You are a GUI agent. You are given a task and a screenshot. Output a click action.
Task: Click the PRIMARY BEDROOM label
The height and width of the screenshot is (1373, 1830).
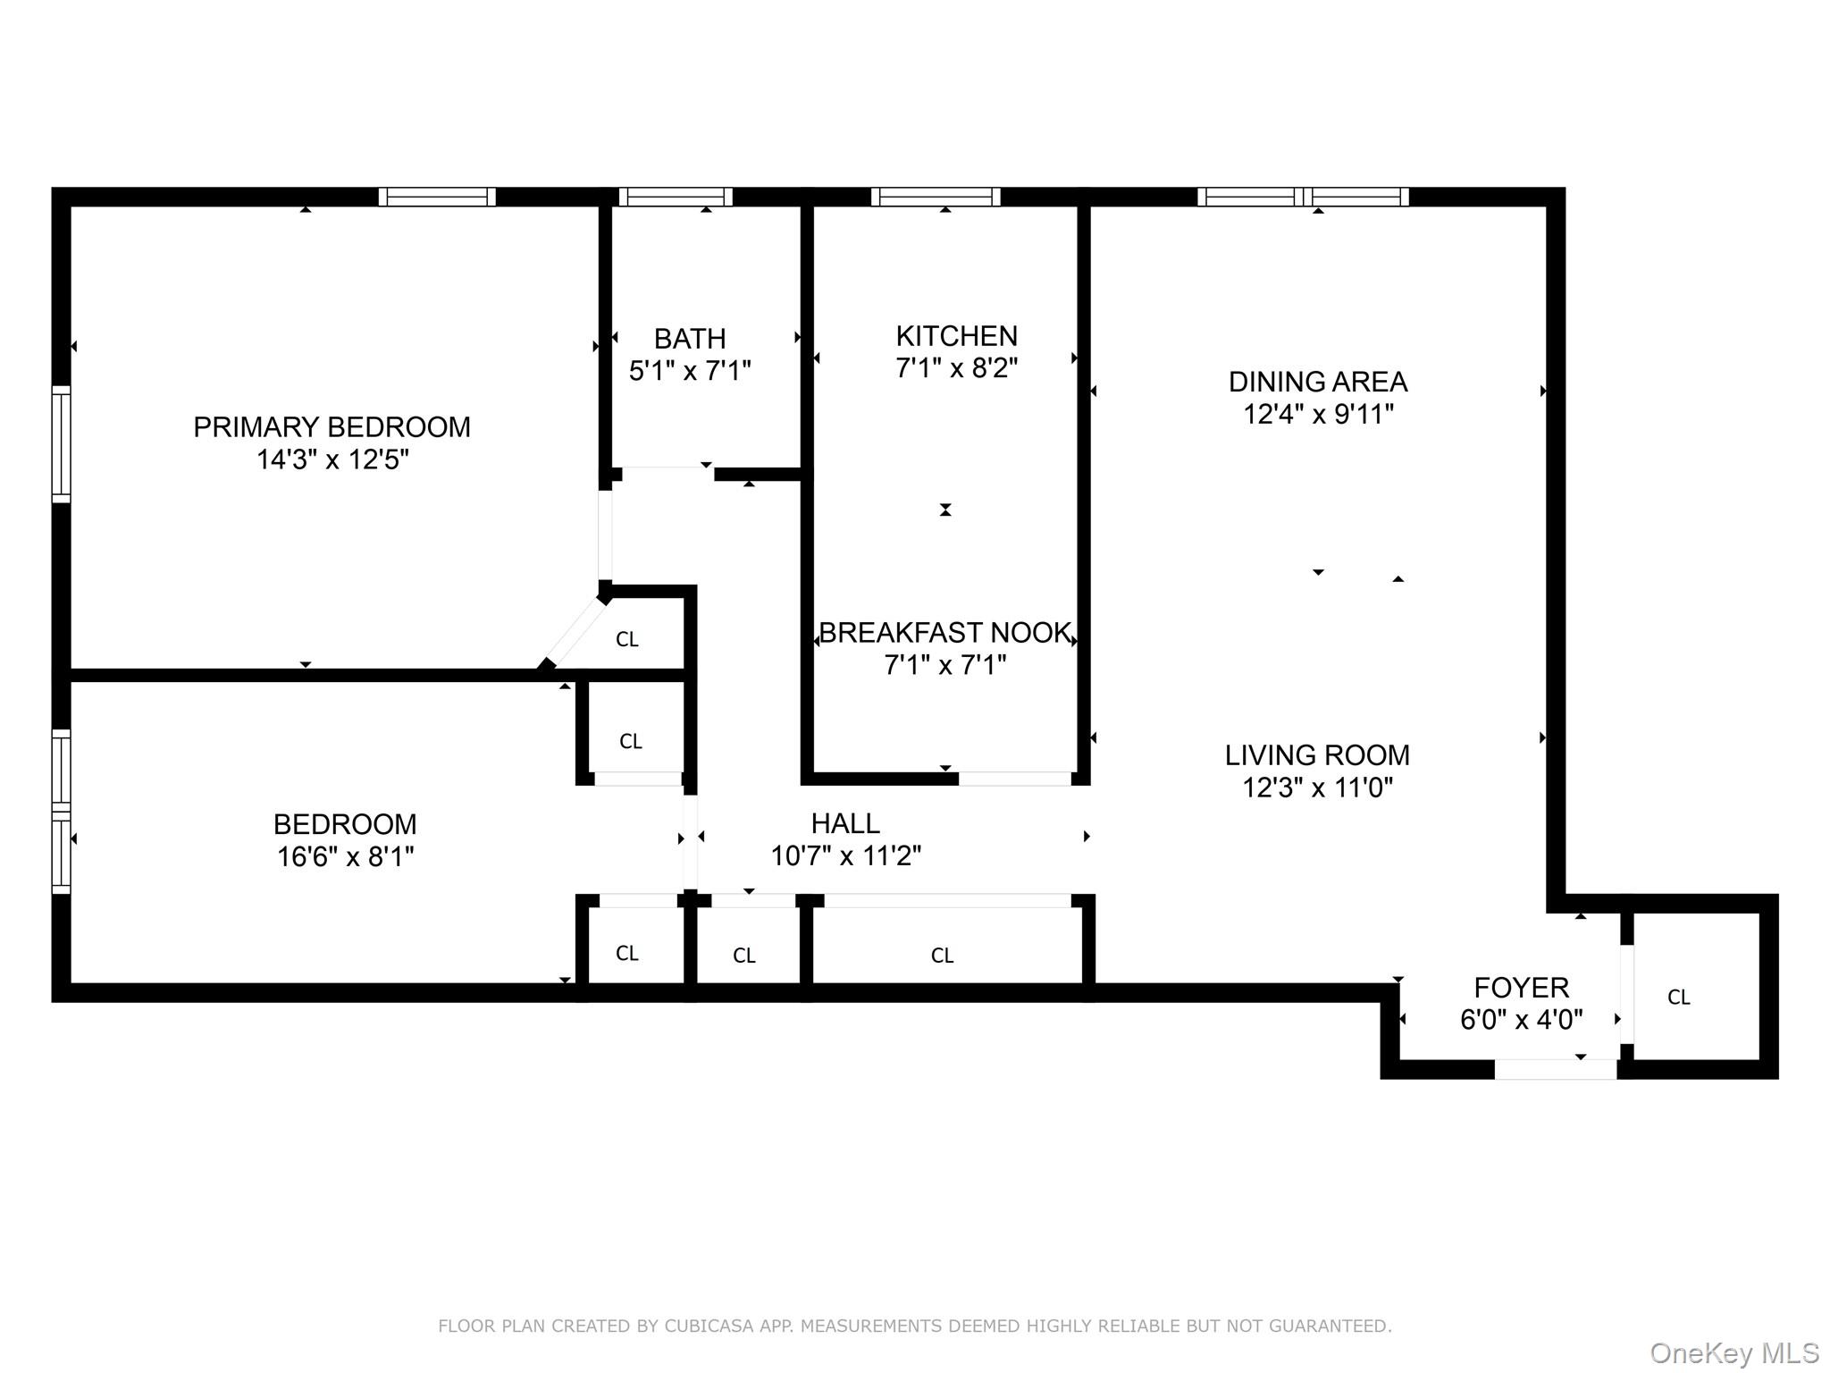click(x=332, y=427)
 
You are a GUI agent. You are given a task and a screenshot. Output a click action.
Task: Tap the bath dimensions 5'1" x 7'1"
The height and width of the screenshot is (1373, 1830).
click(x=690, y=371)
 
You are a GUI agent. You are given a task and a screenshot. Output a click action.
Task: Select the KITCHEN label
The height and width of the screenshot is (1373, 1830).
click(x=956, y=336)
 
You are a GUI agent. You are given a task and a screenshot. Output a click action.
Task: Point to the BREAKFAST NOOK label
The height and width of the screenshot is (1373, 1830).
click(x=944, y=633)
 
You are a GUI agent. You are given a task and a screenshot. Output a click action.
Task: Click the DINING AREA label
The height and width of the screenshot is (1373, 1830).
click(x=1317, y=382)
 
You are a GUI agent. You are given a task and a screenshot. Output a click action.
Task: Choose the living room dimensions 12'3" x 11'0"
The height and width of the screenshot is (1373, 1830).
click(x=1317, y=788)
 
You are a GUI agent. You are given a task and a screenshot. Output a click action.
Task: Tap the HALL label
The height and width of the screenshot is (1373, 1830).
click(x=844, y=822)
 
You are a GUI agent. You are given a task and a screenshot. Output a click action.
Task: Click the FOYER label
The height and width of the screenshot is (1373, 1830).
click(x=1521, y=988)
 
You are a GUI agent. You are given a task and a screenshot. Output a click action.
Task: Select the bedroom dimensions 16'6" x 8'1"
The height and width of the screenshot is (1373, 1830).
click(x=345, y=856)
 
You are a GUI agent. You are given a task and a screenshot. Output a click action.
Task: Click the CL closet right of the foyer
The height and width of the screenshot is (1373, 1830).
click(x=1678, y=998)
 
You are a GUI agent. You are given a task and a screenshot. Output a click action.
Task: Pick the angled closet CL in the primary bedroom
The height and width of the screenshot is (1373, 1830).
click(x=626, y=640)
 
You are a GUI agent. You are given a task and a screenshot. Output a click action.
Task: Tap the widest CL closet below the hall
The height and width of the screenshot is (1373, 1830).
click(x=942, y=956)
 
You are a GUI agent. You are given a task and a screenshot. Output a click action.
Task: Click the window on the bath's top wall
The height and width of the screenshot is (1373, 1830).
click(x=676, y=197)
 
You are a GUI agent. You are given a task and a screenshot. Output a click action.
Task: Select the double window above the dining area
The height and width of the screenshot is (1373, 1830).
click(x=1303, y=197)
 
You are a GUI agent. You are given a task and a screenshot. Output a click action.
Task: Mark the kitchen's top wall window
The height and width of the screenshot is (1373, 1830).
click(x=936, y=197)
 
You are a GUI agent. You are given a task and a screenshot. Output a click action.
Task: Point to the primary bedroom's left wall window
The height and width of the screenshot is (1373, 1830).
click(x=61, y=444)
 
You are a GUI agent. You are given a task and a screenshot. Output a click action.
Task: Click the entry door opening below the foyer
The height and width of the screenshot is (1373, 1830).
click(x=1555, y=1069)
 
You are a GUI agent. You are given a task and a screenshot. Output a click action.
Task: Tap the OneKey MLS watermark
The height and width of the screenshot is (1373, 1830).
click(x=1733, y=1353)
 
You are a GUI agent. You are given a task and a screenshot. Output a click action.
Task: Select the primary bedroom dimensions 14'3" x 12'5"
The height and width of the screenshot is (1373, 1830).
click(x=332, y=460)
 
